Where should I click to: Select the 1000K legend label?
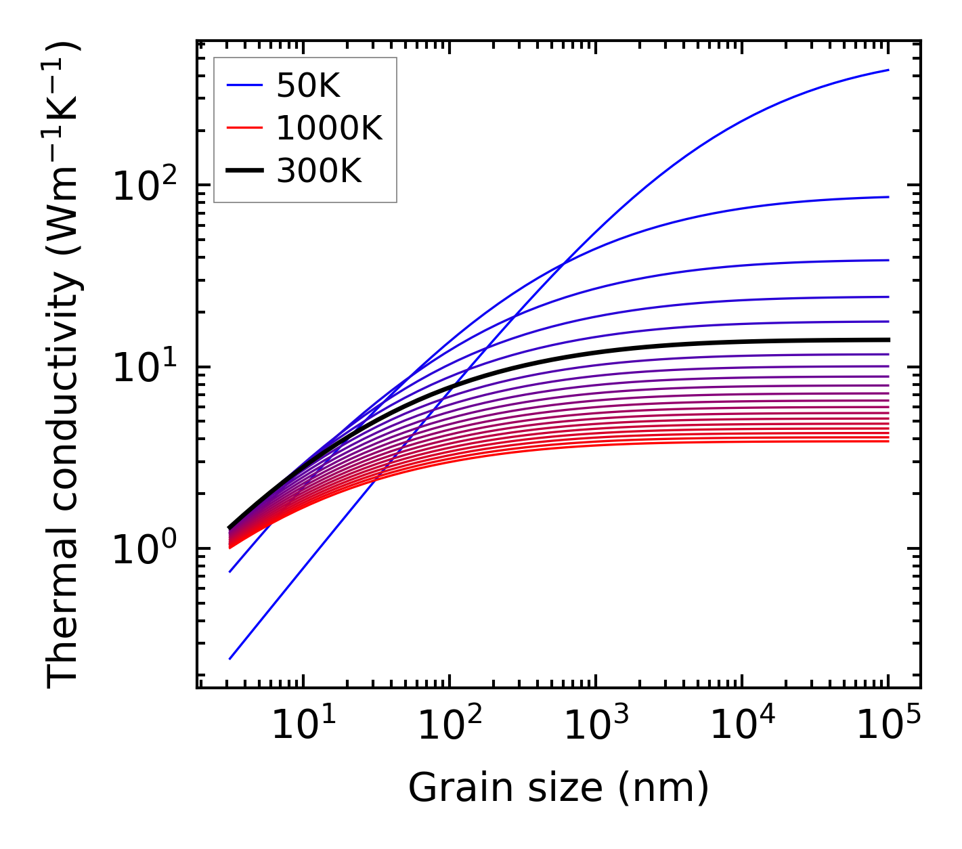(x=329, y=128)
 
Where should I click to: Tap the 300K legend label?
(x=319, y=171)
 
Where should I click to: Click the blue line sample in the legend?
(x=244, y=85)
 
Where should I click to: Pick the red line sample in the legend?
(x=244, y=128)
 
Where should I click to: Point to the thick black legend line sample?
(x=244, y=171)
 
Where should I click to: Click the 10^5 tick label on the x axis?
(x=887, y=726)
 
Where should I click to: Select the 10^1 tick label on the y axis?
(x=145, y=368)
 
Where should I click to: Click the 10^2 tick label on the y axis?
(x=145, y=186)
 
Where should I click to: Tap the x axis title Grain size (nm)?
(x=559, y=787)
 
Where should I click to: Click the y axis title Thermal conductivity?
(x=64, y=366)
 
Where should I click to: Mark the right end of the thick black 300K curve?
(x=888, y=340)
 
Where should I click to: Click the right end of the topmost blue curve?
(x=888, y=70)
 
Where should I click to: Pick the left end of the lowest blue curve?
(x=230, y=658)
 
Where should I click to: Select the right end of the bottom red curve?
(x=888, y=441)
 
